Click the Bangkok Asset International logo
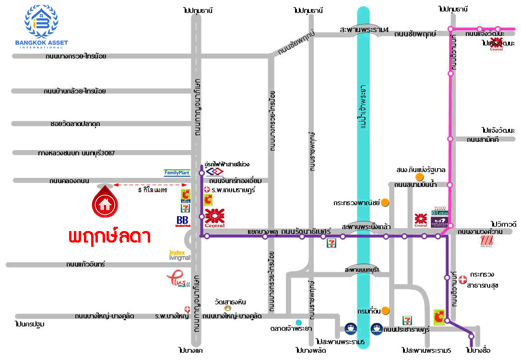[x=41, y=27]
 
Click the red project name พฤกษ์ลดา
[x=110, y=236]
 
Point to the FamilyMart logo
[x=177, y=173]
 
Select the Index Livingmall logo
[x=179, y=255]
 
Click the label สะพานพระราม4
[x=364, y=30]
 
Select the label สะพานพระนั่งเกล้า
[x=366, y=226]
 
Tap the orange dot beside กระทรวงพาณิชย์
[x=385, y=203]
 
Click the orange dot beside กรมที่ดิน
[x=385, y=311]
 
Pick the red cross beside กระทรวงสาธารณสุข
[x=462, y=279]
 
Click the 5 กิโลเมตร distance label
[x=152, y=190]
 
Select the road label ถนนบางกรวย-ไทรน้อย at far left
[x=76, y=56]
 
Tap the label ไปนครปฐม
[x=30, y=325]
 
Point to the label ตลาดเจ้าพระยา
[x=291, y=329]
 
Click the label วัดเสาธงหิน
[x=230, y=302]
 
